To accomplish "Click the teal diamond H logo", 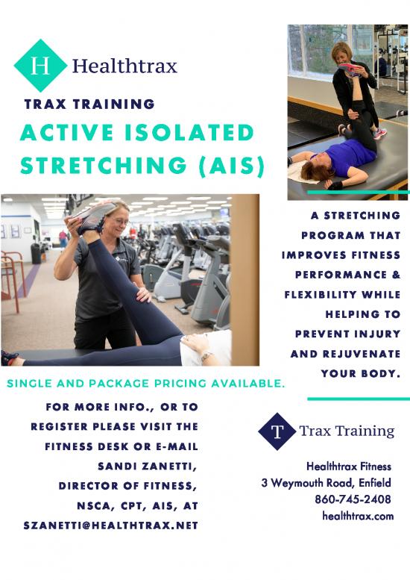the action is click(40, 66).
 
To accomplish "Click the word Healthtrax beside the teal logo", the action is click(124, 66).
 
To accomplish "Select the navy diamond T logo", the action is click(277, 431).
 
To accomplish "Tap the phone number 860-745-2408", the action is click(353, 499).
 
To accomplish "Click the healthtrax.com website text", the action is click(358, 516).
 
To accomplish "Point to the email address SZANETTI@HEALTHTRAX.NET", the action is click(110, 526).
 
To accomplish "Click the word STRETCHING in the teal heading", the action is click(104, 165).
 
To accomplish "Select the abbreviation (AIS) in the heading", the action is click(232, 165).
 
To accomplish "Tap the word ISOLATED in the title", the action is click(189, 132).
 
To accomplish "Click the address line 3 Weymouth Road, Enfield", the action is click(326, 483).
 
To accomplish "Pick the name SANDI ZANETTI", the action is click(147, 467).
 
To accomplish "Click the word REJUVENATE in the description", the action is click(362, 354).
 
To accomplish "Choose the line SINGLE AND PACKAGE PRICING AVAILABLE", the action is click(146, 383).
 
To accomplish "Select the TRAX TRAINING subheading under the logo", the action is click(89, 104).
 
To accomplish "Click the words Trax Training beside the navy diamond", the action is click(347, 431).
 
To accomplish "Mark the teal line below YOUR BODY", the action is click(359, 399).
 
